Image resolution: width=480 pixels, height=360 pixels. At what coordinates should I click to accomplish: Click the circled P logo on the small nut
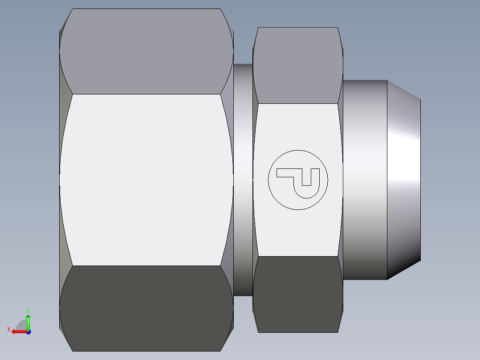(298, 180)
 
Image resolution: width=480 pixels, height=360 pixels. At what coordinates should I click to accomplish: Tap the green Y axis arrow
(28, 320)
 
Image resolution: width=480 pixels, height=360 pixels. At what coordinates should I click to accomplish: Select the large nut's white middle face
(146, 180)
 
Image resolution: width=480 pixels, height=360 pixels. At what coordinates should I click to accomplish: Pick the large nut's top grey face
(146, 51)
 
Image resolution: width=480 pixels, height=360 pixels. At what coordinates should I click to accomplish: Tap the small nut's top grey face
(297, 65)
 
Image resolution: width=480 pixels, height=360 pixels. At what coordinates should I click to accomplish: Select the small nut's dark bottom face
(297, 294)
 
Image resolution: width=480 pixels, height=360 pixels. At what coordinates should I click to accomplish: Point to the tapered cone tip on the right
(403, 180)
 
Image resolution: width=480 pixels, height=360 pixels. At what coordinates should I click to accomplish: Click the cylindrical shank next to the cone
(364, 180)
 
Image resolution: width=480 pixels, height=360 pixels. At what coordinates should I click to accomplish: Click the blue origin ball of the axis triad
(28, 332)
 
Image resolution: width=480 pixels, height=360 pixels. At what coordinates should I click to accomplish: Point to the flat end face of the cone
(420, 180)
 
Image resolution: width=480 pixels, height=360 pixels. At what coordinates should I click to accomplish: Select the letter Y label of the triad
(28, 309)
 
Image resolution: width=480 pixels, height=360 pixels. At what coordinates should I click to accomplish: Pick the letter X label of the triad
(8, 329)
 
